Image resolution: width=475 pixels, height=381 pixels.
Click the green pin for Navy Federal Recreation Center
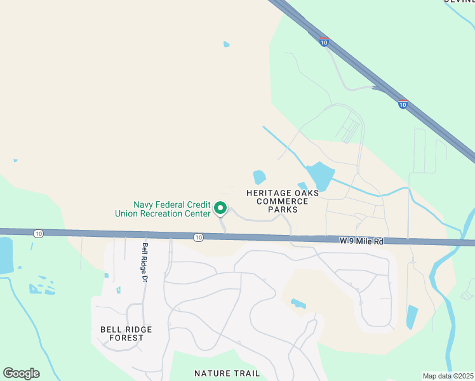click(x=220, y=208)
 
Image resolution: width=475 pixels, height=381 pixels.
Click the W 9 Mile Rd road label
click(x=362, y=241)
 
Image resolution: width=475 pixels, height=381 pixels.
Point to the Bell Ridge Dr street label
click(x=145, y=262)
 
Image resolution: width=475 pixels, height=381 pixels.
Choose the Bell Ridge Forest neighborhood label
click(x=126, y=333)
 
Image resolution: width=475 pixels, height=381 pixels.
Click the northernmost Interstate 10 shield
click(x=324, y=42)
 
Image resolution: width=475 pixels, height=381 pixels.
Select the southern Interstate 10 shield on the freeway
click(x=403, y=104)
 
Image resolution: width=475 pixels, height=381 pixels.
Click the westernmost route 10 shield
click(x=39, y=234)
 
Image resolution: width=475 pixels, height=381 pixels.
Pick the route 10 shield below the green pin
click(x=199, y=237)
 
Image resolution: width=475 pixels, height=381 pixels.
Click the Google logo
click(x=21, y=373)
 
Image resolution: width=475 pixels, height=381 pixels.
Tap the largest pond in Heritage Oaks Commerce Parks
click(x=319, y=176)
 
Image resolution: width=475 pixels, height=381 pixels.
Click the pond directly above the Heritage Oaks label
click(x=259, y=177)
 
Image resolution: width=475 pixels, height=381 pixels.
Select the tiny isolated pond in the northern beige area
click(x=227, y=44)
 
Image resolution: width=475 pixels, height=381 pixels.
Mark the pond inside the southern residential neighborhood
click(x=298, y=304)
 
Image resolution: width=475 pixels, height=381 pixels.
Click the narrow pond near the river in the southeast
click(x=411, y=317)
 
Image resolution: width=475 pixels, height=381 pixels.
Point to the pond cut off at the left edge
click(x=6, y=255)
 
